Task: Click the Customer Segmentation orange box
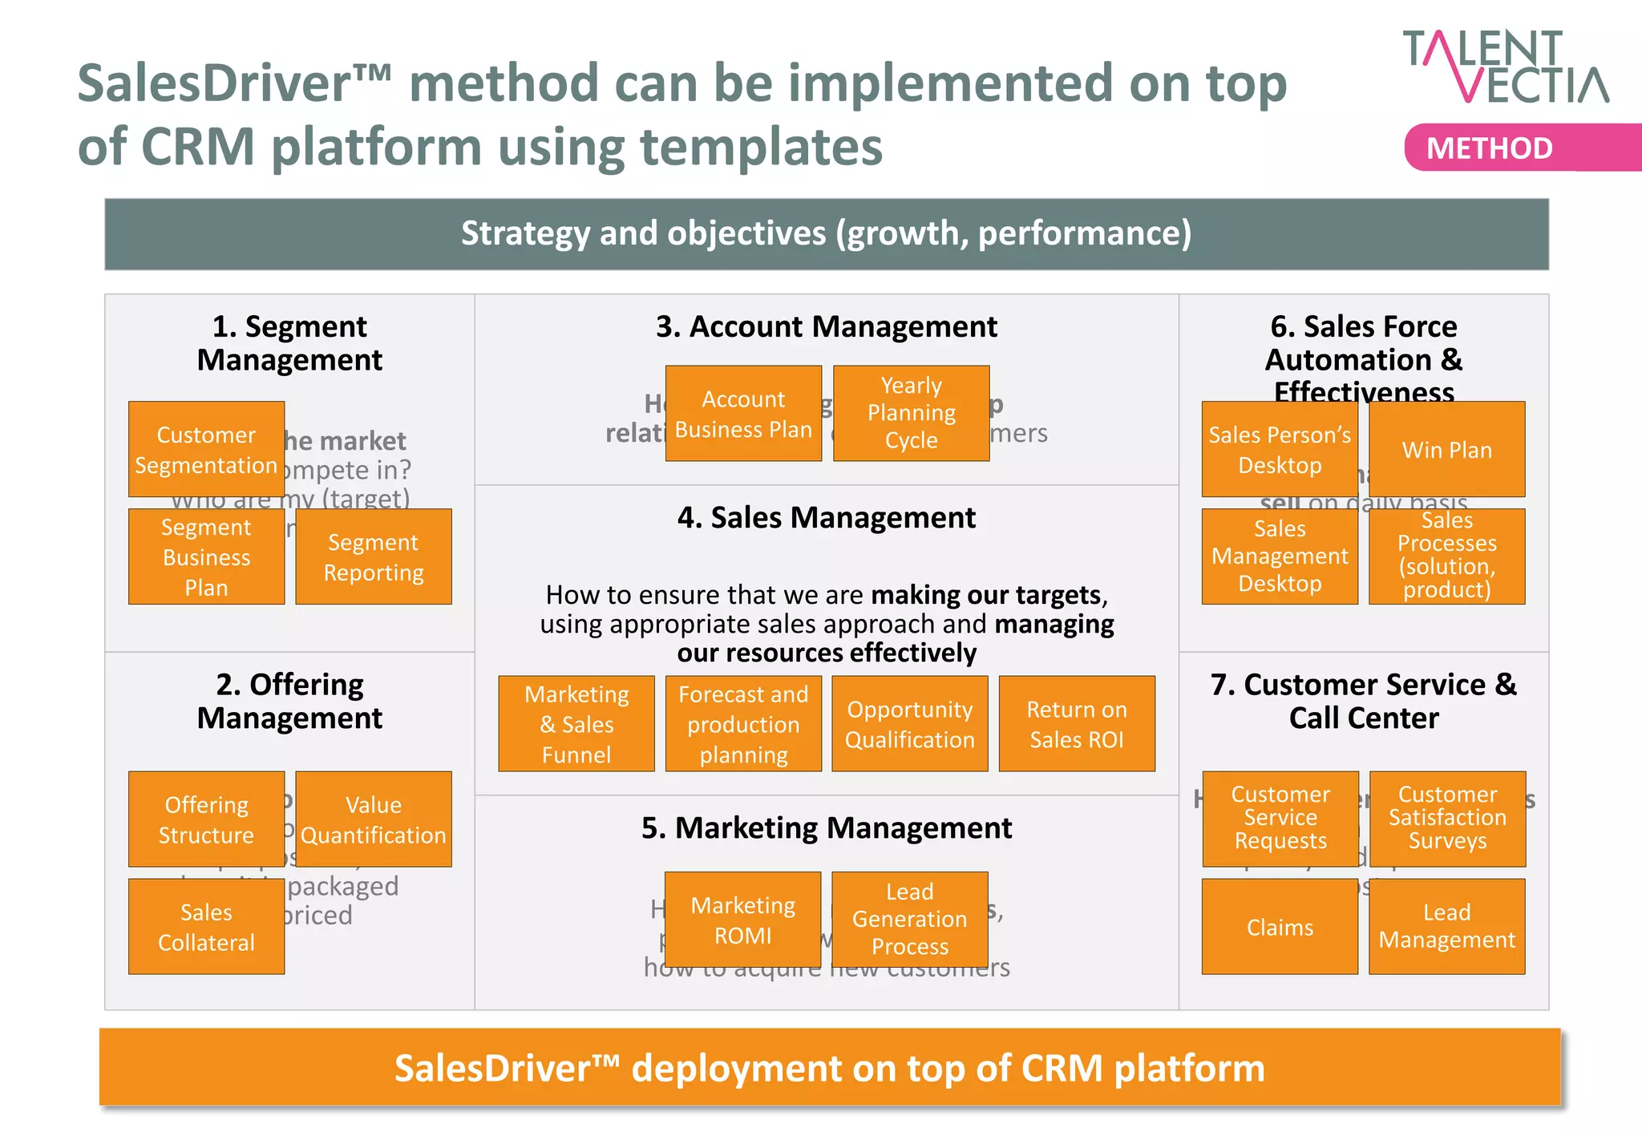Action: tap(206, 449)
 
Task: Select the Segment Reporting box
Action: tap(374, 556)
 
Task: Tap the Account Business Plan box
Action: tap(743, 414)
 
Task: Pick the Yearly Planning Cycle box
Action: tap(912, 413)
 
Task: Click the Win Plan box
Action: tap(1446, 449)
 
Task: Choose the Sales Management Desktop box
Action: tap(1280, 556)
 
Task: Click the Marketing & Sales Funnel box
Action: tap(576, 723)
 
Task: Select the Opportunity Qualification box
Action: tap(910, 723)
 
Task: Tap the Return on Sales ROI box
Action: tap(1077, 723)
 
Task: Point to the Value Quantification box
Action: tap(374, 819)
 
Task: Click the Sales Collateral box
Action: tap(206, 926)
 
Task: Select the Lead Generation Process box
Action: tap(910, 919)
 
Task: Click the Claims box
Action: tap(1280, 926)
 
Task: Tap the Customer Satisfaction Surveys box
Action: tap(1447, 819)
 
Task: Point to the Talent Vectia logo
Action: tap(1506, 67)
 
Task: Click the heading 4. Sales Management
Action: tap(827, 518)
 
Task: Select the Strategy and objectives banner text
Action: tap(826, 233)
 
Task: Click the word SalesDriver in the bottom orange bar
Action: tap(493, 1068)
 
